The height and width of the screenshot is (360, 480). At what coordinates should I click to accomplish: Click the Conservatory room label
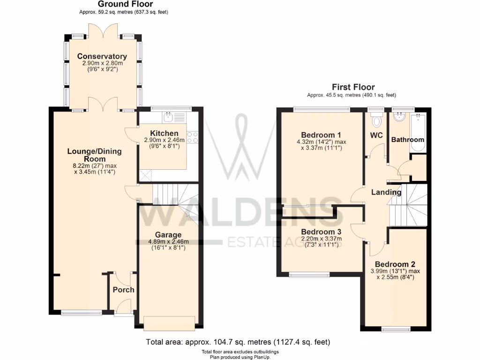click(x=102, y=57)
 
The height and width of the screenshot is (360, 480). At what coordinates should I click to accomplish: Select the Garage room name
click(x=168, y=235)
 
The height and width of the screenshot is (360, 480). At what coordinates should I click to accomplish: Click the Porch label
click(x=123, y=290)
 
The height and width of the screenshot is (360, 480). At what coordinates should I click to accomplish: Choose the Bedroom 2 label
click(x=395, y=264)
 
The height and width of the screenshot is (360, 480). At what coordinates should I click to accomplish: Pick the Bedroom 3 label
click(x=321, y=232)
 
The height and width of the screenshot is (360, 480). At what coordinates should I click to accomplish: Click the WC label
click(x=376, y=135)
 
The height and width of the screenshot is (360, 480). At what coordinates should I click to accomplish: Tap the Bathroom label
click(x=407, y=140)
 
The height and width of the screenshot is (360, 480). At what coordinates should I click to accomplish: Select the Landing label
click(x=386, y=192)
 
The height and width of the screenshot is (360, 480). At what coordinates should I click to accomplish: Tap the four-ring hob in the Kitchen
click(x=193, y=137)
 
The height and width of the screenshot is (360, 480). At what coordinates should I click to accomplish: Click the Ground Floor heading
click(x=119, y=4)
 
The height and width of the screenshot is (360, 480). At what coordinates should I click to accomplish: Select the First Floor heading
click(x=353, y=87)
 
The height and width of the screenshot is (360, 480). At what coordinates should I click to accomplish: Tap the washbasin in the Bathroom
click(x=400, y=117)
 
